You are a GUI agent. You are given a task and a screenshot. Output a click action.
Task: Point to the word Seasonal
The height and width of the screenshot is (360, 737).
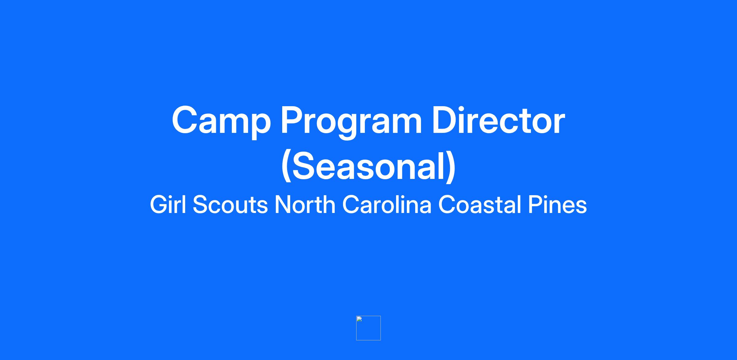(x=368, y=167)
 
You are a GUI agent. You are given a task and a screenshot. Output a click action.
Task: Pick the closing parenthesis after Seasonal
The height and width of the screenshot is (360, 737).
(x=451, y=167)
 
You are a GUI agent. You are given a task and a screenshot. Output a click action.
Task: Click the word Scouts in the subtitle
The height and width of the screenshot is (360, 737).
(x=230, y=204)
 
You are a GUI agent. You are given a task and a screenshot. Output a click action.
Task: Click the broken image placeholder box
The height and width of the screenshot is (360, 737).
(x=368, y=328)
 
